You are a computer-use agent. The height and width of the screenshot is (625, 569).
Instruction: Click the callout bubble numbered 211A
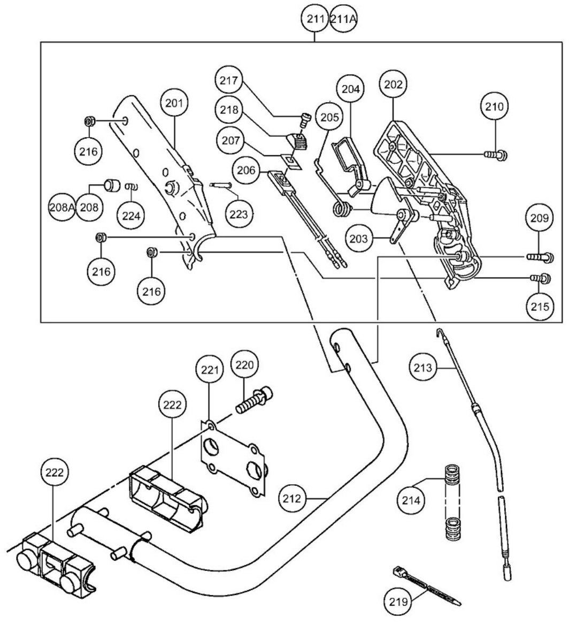(343, 20)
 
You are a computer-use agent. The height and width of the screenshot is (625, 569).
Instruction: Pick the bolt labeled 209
(537, 258)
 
